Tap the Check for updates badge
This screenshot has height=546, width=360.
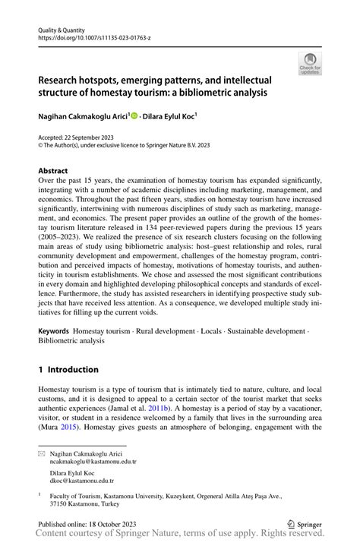310,63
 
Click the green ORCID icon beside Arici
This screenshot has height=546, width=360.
134,116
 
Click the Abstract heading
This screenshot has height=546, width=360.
53,171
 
